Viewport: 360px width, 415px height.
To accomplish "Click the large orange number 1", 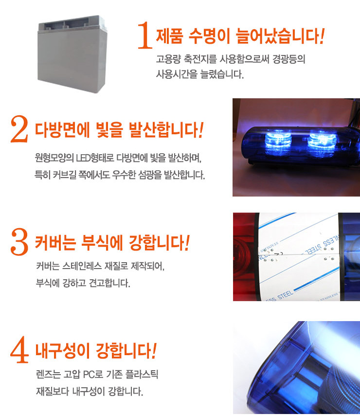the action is (145, 36).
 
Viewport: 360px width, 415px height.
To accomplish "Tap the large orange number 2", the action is (19, 129).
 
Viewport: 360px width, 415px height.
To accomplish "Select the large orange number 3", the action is (19, 242).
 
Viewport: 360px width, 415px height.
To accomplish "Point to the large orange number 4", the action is (19, 349).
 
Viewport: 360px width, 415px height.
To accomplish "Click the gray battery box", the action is (72, 54).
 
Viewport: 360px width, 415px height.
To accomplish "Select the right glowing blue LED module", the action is (323, 144).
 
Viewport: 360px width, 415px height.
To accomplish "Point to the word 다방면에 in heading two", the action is (62, 130).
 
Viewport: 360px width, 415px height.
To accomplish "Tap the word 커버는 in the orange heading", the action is (55, 242).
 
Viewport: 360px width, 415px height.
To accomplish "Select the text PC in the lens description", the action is (89, 375).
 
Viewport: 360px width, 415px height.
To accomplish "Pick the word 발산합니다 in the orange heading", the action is (164, 130).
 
